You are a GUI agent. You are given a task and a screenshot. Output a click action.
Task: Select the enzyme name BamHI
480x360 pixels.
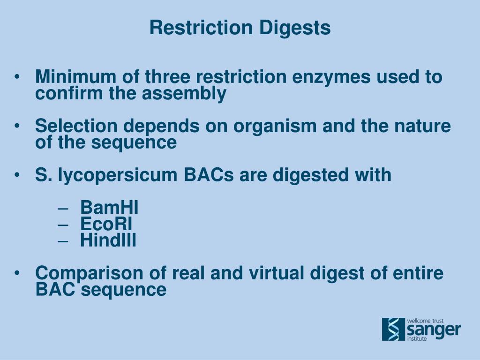tap(109, 207)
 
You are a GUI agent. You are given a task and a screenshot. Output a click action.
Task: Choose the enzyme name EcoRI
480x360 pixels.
tap(106, 224)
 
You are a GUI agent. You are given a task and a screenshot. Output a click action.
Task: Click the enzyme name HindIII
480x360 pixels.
tap(108, 240)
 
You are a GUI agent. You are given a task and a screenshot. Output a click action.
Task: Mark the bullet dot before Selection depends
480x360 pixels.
tap(17, 127)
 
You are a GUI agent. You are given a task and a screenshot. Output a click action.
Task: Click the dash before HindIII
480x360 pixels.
tap(65, 241)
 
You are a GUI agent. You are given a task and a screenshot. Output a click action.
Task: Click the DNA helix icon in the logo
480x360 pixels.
tap(393, 329)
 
